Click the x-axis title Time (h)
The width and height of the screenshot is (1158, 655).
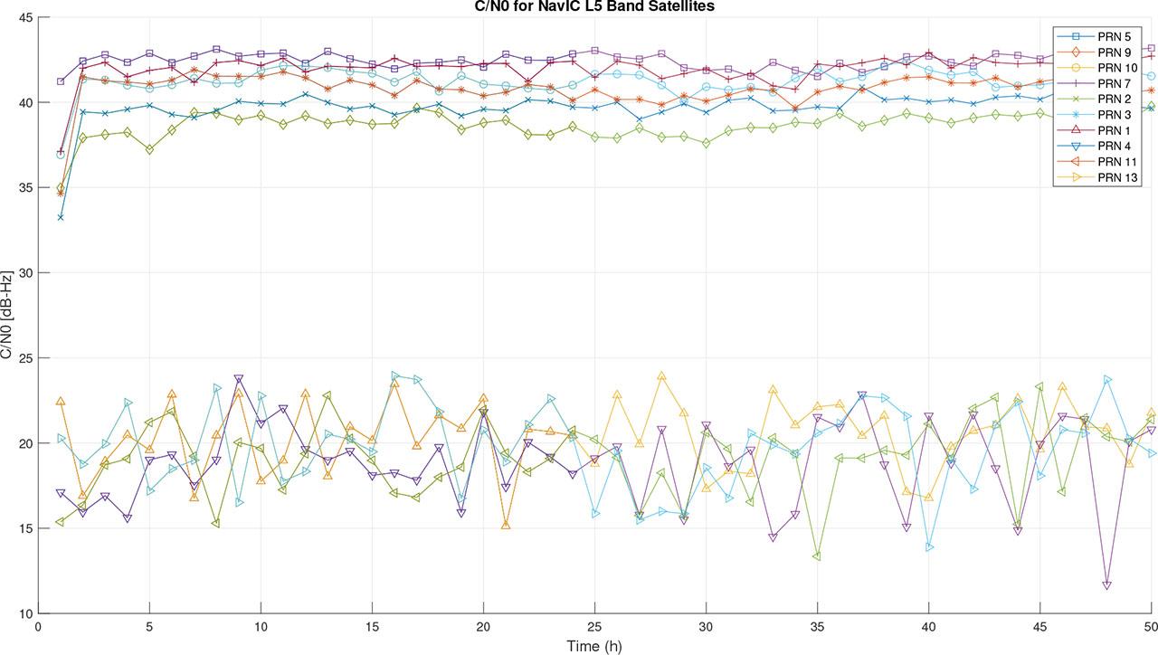pyautogui.click(x=594, y=646)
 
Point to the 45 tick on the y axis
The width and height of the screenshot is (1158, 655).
pyautogui.click(x=24, y=18)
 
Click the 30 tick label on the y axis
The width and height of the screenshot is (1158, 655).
pyautogui.click(x=24, y=273)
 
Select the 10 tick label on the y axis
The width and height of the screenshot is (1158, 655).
pyautogui.click(x=24, y=613)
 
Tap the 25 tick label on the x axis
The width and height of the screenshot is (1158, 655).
pyautogui.click(x=594, y=626)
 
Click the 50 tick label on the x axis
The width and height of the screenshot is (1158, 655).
pyautogui.click(x=1151, y=626)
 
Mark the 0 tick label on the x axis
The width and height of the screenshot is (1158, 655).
pyautogui.click(x=38, y=626)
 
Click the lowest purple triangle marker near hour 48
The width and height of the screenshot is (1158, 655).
pyautogui.click(x=1106, y=585)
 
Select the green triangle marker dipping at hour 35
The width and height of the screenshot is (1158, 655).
pyautogui.click(x=817, y=555)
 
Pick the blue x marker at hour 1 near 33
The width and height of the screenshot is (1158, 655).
pyautogui.click(x=61, y=217)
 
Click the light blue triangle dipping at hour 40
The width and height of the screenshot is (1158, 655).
pyautogui.click(x=929, y=547)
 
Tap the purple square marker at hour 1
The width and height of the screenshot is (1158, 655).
pyautogui.click(x=61, y=81)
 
